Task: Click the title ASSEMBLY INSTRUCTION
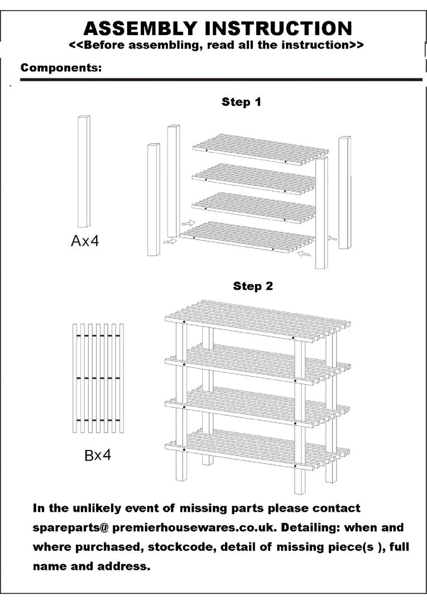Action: (218, 28)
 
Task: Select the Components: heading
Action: (61, 68)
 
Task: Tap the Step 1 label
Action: (241, 102)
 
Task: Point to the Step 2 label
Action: (253, 286)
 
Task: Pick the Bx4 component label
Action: (98, 455)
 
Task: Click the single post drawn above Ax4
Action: (84, 171)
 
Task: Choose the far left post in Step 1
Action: (153, 200)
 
